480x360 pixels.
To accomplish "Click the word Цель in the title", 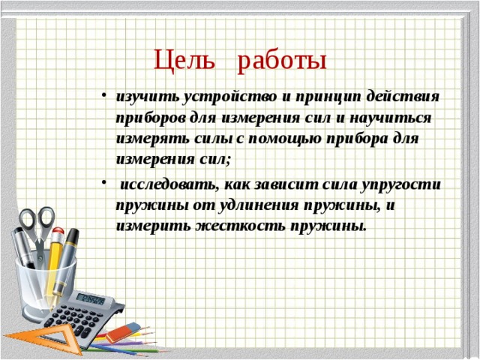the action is click(x=184, y=60).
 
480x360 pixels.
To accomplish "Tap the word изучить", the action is click(x=148, y=97).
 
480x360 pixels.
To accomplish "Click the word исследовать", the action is click(x=169, y=184).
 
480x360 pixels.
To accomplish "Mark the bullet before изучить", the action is click(x=105, y=97).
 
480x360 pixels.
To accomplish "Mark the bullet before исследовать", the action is click(x=105, y=183).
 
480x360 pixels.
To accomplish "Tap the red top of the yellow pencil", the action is click(x=58, y=232).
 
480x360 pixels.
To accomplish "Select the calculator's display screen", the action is click(x=91, y=299).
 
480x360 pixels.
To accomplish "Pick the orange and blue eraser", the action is click(x=122, y=331).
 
